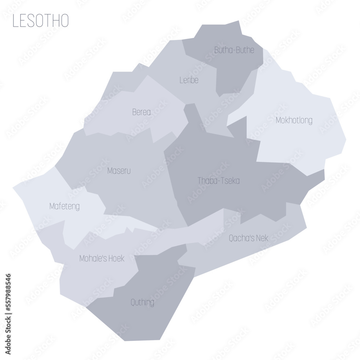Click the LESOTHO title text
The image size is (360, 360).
(x=40, y=21)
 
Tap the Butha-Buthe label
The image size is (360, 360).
(x=234, y=50)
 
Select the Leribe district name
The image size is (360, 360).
(x=189, y=80)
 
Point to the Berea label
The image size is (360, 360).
(x=141, y=112)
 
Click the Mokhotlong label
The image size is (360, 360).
(x=294, y=120)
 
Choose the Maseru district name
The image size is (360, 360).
(x=119, y=171)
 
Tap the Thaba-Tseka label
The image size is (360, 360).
(x=219, y=181)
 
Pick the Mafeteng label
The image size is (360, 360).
(x=64, y=207)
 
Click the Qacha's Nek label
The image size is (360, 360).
(x=248, y=238)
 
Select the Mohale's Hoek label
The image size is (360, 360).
(x=102, y=258)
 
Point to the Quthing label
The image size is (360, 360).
(x=143, y=302)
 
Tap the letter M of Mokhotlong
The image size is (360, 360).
(x=278, y=120)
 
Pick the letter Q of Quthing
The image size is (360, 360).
(x=133, y=302)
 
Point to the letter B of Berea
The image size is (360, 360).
(x=134, y=112)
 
